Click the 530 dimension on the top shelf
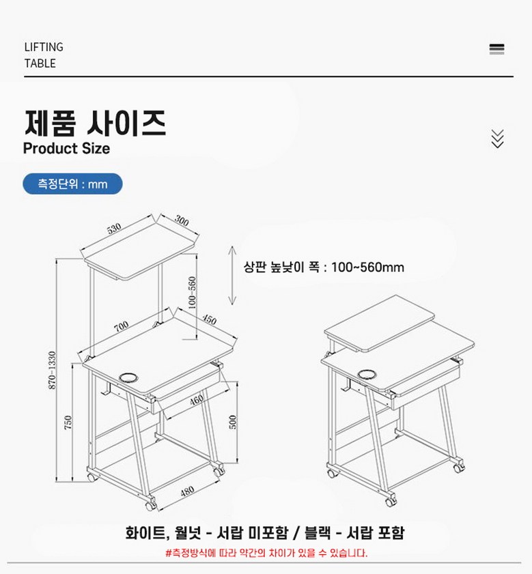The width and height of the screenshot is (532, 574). click(114, 228)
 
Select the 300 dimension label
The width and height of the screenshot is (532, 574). click(182, 221)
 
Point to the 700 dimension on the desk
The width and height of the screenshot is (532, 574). click(121, 326)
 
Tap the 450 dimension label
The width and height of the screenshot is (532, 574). click(209, 319)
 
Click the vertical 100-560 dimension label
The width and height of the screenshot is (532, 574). click(192, 293)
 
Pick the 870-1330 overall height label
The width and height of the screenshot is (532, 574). click(52, 371)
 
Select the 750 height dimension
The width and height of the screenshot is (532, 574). click(68, 422)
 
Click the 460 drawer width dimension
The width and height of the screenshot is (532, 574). click(197, 400)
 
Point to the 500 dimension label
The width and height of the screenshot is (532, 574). click(233, 422)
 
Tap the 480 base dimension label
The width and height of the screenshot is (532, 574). click(187, 491)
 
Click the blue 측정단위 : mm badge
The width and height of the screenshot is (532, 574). click(72, 184)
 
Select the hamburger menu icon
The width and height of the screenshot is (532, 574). click(496, 49)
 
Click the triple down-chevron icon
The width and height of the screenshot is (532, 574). click(497, 139)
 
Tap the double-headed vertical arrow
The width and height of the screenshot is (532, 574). click(232, 275)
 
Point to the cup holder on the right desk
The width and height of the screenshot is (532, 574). click(367, 374)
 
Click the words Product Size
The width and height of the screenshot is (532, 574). click(66, 148)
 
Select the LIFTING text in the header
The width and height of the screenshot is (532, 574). click(44, 47)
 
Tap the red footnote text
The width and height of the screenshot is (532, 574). click(266, 552)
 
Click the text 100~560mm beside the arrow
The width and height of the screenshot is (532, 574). click(367, 268)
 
